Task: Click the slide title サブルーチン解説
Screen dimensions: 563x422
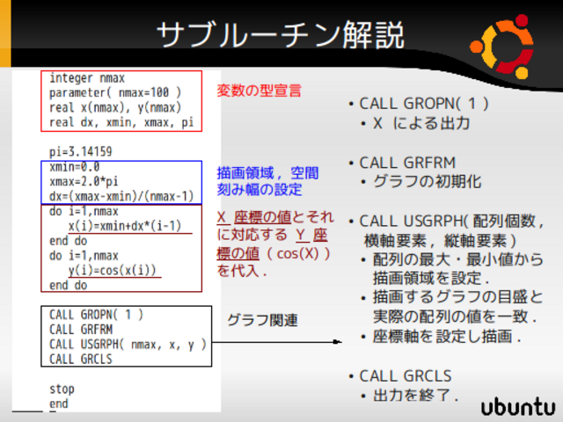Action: pos(281,35)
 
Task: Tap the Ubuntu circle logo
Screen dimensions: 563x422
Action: pos(502,47)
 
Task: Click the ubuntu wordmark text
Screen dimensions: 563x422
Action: pos(518,407)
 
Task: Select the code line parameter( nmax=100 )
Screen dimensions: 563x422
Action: pos(115,92)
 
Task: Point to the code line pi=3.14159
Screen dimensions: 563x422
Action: pos(80,151)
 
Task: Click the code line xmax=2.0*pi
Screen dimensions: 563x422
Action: pos(84,181)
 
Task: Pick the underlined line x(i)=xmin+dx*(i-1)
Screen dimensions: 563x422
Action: pos(125,226)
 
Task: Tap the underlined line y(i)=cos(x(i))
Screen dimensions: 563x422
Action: pos(113,270)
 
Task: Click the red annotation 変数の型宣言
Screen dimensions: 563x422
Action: pos(259,91)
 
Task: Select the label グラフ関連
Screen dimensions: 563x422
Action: pos(262,320)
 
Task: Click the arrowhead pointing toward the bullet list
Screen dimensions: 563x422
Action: pos(338,342)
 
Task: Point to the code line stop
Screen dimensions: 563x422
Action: pos(62,389)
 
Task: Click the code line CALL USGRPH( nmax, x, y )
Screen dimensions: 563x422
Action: pos(128,344)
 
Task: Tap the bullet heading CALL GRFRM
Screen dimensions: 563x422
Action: pos(407,163)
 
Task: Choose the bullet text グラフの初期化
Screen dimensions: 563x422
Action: pos(427,182)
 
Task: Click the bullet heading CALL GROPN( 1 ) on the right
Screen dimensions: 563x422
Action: pos(424,104)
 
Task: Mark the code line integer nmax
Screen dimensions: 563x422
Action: pos(87,78)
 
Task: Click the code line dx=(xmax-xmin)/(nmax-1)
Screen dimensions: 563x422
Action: pos(121,196)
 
